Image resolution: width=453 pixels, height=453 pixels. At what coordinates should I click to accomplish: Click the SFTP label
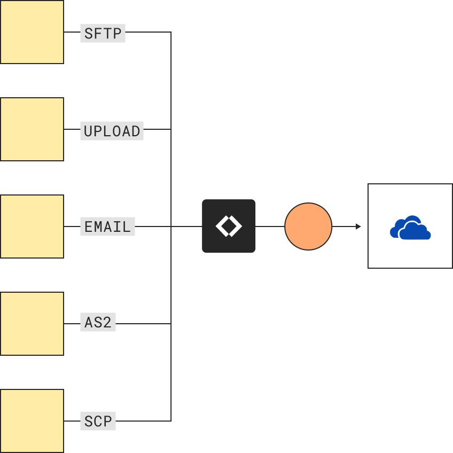click(x=103, y=33)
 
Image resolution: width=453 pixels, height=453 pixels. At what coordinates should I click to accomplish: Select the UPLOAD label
click(x=112, y=130)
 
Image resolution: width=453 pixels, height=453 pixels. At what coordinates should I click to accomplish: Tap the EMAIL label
click(x=107, y=226)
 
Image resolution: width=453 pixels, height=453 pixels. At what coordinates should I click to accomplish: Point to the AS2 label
click(x=98, y=323)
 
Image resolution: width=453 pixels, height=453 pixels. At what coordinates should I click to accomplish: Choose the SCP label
click(x=98, y=420)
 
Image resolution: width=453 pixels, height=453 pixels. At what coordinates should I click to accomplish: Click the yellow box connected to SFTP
click(x=32, y=32)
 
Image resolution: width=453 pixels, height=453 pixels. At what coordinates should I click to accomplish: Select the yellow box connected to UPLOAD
click(x=32, y=129)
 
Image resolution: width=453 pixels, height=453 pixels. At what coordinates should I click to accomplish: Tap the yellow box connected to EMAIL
click(x=32, y=226)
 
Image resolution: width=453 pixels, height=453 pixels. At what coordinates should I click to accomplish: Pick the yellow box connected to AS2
click(x=32, y=324)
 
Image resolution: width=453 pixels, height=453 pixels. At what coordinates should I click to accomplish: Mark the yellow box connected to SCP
click(x=32, y=421)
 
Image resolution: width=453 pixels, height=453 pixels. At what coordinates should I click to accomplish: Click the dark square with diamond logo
click(x=229, y=226)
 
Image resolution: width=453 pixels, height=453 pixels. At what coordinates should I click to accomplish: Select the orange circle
click(x=308, y=226)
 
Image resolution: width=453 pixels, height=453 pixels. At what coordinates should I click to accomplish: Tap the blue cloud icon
click(x=410, y=228)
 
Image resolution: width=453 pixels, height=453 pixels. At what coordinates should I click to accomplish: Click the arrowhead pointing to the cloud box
click(x=358, y=226)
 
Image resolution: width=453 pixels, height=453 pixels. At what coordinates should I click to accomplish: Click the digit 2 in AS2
click(x=107, y=323)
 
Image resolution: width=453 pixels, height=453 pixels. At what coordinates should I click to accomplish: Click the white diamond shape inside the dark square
click(x=229, y=226)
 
